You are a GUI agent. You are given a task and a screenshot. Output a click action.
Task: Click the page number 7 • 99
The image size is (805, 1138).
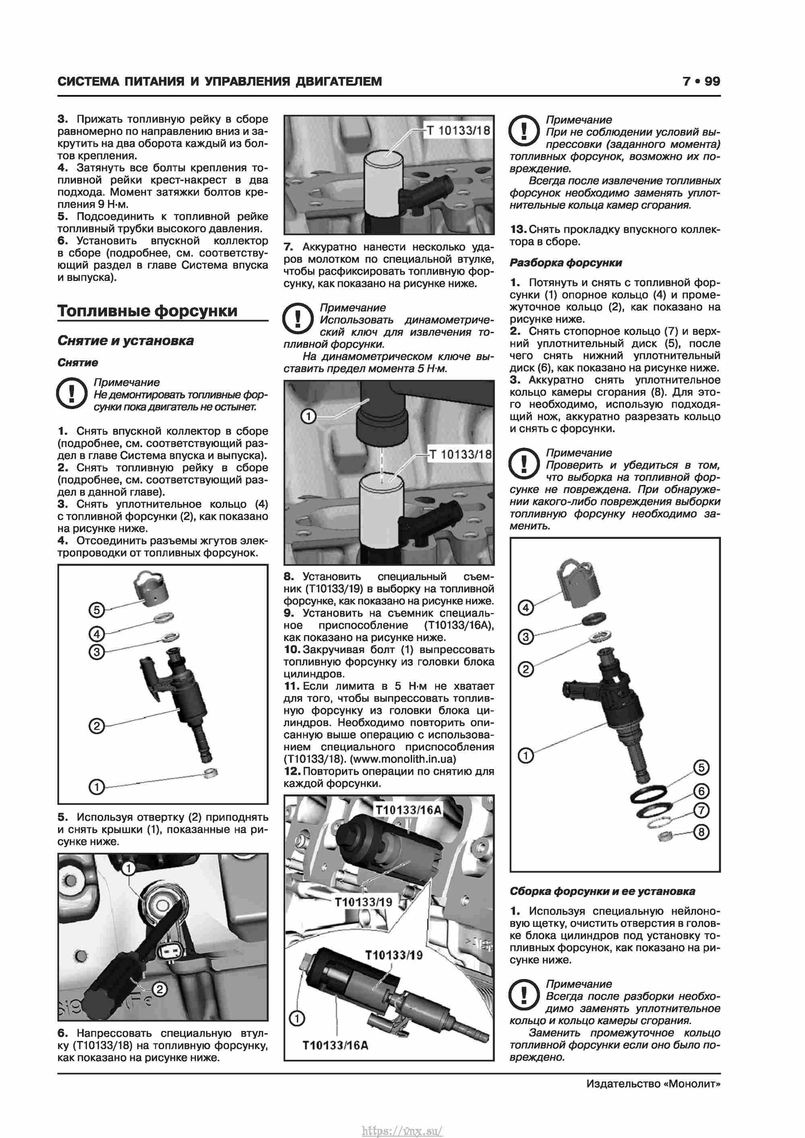pos(700,81)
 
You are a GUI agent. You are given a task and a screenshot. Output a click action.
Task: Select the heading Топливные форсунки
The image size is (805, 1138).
pos(147,311)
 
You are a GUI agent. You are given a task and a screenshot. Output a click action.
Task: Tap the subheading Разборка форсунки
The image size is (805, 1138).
pos(565,263)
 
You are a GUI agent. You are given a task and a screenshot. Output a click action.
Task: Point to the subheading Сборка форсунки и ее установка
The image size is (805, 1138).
pos(602,891)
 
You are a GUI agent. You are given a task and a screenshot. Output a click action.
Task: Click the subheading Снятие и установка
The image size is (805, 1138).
pos(126,341)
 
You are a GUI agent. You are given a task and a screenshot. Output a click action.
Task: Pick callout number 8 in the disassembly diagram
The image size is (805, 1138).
pos(700,832)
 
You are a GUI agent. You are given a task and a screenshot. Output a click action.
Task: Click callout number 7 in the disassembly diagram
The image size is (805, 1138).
pos(701,810)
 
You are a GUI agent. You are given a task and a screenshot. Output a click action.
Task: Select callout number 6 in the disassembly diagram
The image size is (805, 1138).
pos(701,791)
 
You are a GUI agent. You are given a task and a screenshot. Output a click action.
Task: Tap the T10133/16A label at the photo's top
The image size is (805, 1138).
pos(408,810)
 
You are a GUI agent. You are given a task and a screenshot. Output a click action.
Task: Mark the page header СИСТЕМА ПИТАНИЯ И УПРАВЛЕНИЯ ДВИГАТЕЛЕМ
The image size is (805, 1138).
pos(220,81)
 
